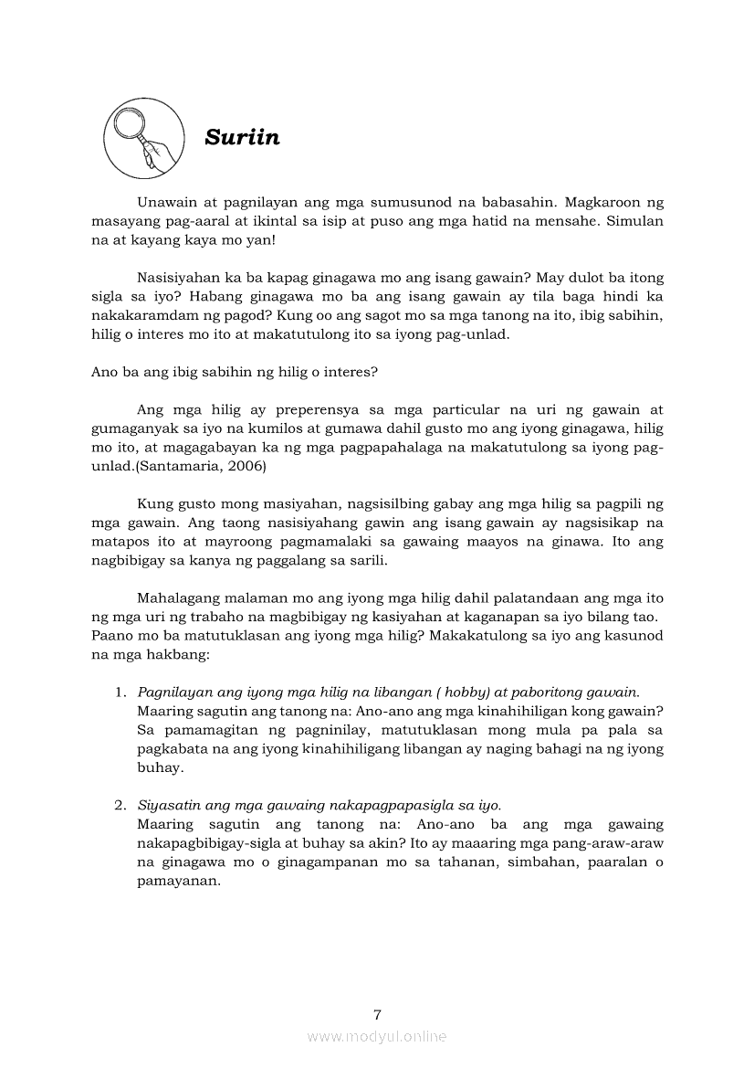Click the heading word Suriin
(x=242, y=137)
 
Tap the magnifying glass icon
(x=141, y=138)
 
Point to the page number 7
(x=377, y=1014)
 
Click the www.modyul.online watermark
(x=377, y=1036)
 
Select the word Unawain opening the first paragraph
(x=166, y=202)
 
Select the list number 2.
(x=120, y=805)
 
